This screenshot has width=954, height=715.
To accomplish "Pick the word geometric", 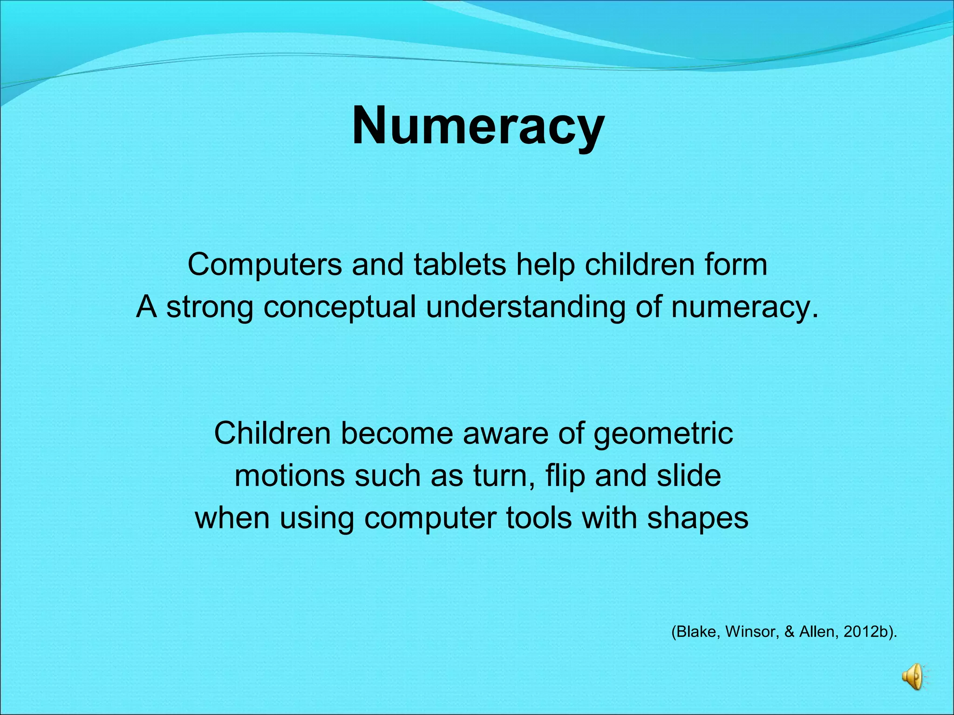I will pos(663,434).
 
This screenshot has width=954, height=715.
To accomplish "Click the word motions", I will pos(289,476).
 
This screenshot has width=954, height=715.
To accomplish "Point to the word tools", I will pos(539,518).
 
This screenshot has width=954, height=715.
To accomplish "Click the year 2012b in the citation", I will pos(866,632).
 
